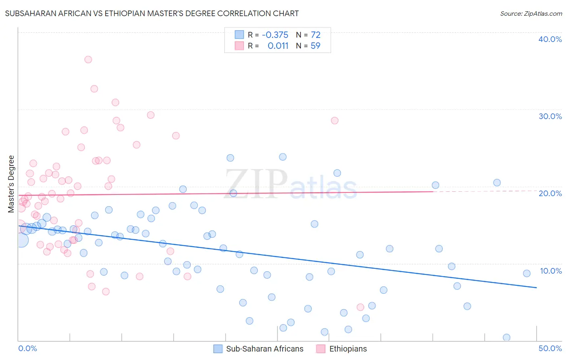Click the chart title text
152,13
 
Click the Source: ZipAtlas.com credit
531,14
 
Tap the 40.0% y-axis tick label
550,39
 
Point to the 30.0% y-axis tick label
550,116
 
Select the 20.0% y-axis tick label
550,193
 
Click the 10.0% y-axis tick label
551,271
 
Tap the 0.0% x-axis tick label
27,348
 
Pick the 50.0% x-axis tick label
550,348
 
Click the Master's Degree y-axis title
11,184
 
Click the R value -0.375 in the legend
275,35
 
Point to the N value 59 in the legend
315,46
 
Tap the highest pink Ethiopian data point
88,59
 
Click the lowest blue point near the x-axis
507,337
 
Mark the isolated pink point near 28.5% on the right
334,120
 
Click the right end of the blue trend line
536,287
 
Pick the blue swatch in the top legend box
240,35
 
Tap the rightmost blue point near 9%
527,273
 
